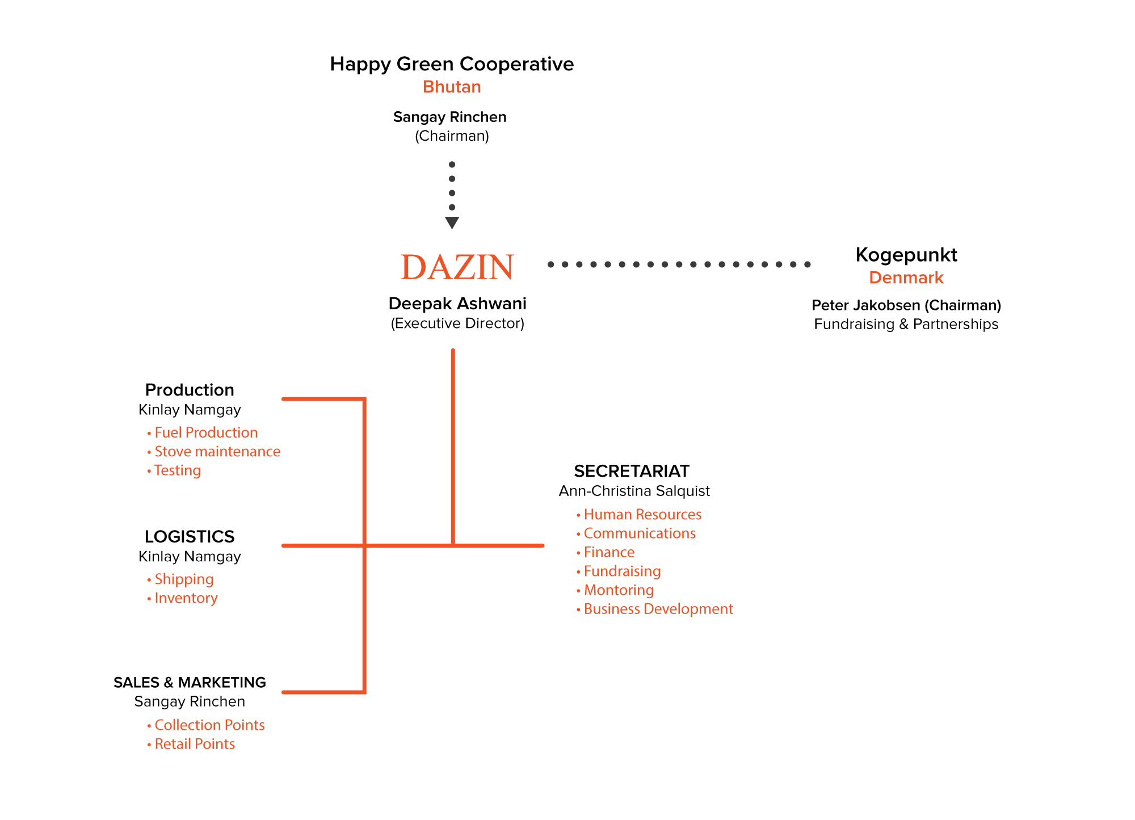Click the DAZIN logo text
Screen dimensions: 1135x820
tap(457, 267)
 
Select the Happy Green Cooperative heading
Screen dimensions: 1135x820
tap(452, 64)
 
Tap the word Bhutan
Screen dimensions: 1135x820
tap(452, 87)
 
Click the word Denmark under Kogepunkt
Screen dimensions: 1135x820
tap(906, 277)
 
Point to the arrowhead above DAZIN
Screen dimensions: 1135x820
tap(452, 222)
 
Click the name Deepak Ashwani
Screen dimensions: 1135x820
tap(457, 304)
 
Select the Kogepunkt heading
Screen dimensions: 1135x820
tap(906, 255)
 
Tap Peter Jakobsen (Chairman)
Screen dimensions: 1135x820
tap(906, 305)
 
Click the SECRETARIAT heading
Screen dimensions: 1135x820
tap(632, 471)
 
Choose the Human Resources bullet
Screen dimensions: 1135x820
tap(639, 514)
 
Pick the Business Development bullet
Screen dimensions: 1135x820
tap(655, 609)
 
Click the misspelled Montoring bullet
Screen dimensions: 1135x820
tap(615, 590)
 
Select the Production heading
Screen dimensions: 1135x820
tap(190, 390)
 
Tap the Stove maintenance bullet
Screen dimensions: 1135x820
tap(214, 451)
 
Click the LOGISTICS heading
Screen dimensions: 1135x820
tap(190, 536)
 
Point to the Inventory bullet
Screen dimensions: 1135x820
tap(182, 598)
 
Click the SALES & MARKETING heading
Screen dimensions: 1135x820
tap(190, 682)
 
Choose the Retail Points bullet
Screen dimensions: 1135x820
tap(191, 744)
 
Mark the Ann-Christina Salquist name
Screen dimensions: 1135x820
tap(634, 491)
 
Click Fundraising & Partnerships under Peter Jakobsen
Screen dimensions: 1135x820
tap(906, 324)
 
